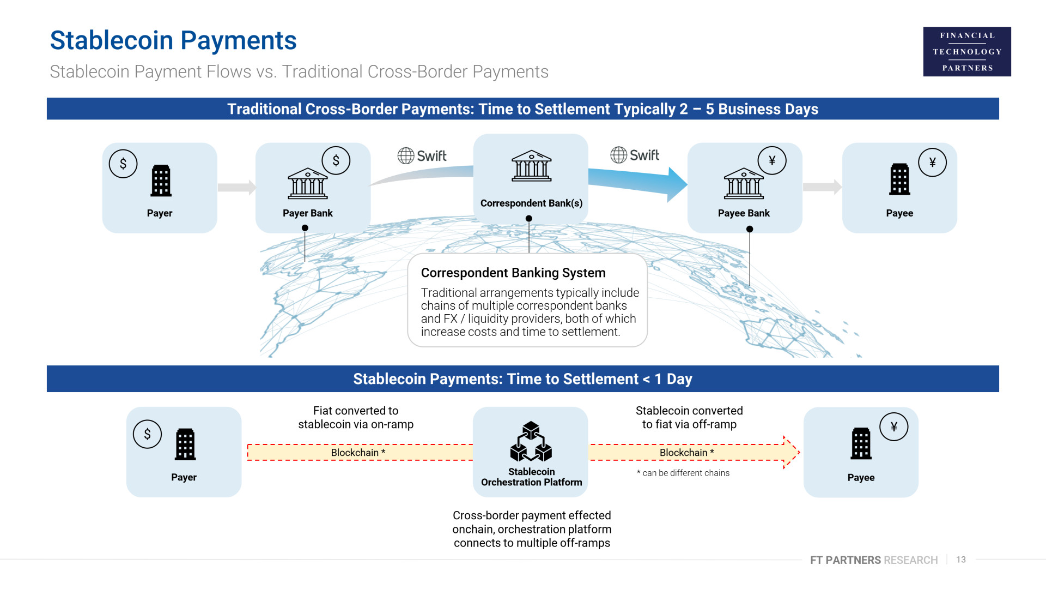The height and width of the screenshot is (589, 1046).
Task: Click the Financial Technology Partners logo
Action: click(967, 51)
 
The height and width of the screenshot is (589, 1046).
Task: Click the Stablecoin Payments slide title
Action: click(173, 41)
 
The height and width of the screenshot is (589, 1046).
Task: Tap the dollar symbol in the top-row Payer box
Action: click(123, 164)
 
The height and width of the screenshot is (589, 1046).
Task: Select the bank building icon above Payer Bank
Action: click(308, 184)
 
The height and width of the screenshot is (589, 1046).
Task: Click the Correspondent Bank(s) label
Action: click(531, 203)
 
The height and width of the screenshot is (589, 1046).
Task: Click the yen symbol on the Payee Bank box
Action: click(772, 160)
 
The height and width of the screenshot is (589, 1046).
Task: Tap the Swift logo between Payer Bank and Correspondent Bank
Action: click(422, 156)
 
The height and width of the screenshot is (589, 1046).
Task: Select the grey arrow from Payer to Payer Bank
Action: click(236, 187)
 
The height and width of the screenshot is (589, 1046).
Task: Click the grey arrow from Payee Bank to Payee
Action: click(822, 187)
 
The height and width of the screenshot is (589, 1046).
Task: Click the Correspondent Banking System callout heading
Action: click(513, 273)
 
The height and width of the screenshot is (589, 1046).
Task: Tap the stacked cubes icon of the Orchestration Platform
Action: click(531, 442)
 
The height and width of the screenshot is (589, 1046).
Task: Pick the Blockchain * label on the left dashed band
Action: click(358, 453)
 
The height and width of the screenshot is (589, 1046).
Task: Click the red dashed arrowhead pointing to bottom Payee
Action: click(791, 452)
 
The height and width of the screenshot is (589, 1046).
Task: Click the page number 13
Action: click(961, 560)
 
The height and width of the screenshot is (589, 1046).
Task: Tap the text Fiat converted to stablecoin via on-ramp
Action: click(356, 417)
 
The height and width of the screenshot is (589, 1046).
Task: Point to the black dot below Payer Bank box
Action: click(305, 228)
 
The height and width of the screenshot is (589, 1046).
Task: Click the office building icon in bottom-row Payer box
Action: click(185, 444)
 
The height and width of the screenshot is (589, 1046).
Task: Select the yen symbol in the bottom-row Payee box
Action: click(894, 426)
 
